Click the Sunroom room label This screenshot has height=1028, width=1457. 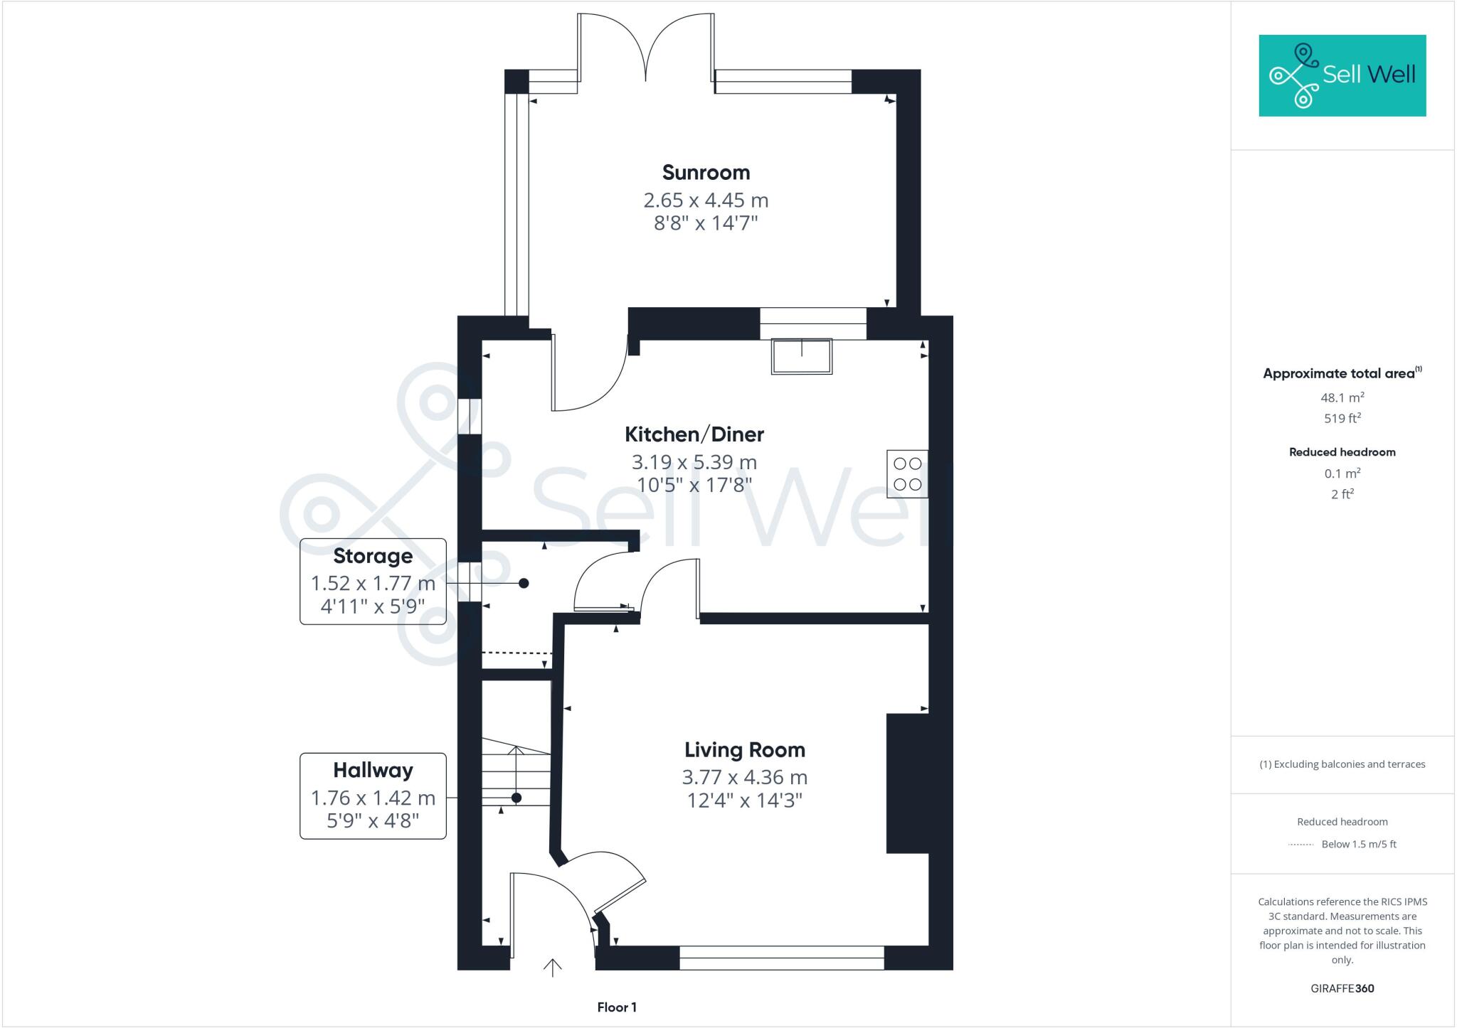pyautogui.click(x=706, y=173)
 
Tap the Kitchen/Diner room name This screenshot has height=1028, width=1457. pyautogui.click(x=694, y=434)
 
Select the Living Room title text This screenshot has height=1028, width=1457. pyautogui.click(x=744, y=750)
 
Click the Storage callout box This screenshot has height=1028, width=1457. pyautogui.click(x=373, y=582)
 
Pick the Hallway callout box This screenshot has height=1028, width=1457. pyautogui.click(x=373, y=796)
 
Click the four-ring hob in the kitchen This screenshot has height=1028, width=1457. pyautogui.click(x=907, y=473)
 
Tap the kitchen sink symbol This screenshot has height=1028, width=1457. pyautogui.click(x=802, y=356)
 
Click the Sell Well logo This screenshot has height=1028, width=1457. pyautogui.click(x=1342, y=75)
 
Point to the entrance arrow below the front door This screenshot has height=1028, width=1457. pyautogui.click(x=553, y=968)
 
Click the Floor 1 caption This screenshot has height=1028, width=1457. pyautogui.click(x=617, y=1007)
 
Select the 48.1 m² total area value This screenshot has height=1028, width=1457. pyautogui.click(x=1342, y=397)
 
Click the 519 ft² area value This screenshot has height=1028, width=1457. pyautogui.click(x=1342, y=419)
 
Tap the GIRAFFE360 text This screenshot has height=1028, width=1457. pyautogui.click(x=1342, y=988)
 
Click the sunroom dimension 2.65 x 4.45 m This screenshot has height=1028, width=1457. pyautogui.click(x=706, y=200)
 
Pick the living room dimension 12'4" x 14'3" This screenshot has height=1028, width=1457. pyautogui.click(x=744, y=801)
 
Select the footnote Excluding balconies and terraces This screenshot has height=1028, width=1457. pyautogui.click(x=1342, y=764)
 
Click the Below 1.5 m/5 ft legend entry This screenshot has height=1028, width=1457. pyautogui.click(x=1358, y=845)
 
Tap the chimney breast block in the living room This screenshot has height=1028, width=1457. pyautogui.click(x=907, y=783)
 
